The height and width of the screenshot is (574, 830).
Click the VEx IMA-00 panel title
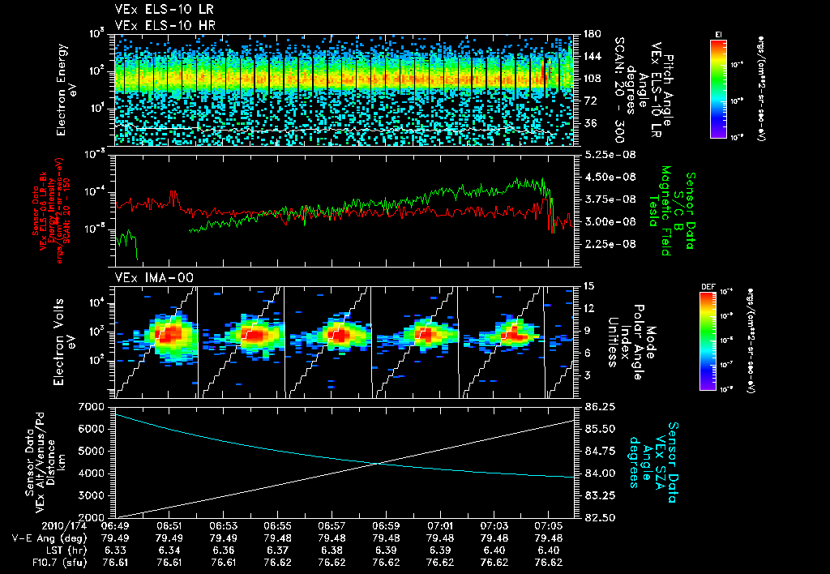click(x=148, y=277)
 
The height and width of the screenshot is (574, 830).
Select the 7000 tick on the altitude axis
click(x=91, y=405)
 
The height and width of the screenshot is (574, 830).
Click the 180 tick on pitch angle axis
click(x=592, y=34)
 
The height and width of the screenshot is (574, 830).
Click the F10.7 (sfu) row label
click(x=38, y=561)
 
